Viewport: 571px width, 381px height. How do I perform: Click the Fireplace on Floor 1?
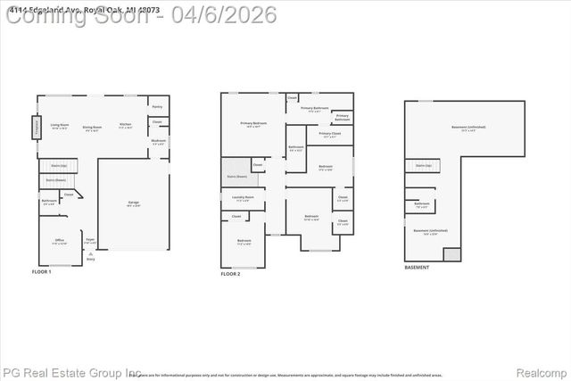(37, 128)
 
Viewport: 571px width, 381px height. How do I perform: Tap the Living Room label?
(60, 127)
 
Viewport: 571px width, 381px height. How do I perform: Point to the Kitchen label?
(126, 126)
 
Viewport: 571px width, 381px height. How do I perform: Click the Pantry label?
(157, 106)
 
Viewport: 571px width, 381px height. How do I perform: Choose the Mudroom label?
(158, 141)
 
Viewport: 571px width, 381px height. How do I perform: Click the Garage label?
(133, 203)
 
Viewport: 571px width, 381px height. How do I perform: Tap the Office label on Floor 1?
(60, 241)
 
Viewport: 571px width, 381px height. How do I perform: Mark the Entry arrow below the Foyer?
(90, 254)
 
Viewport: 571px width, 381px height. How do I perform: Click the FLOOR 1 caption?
(42, 271)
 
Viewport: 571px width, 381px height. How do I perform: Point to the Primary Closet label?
(329, 136)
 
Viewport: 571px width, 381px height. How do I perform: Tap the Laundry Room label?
(243, 197)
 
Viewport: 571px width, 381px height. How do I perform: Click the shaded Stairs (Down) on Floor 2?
(236, 173)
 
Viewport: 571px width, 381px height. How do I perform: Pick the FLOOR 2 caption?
(230, 274)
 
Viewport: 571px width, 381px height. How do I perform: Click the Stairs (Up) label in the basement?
(423, 165)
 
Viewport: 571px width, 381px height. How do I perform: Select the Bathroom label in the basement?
(422, 203)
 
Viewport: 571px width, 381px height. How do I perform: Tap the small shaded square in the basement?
(453, 254)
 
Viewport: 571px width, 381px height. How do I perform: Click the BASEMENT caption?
(417, 268)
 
